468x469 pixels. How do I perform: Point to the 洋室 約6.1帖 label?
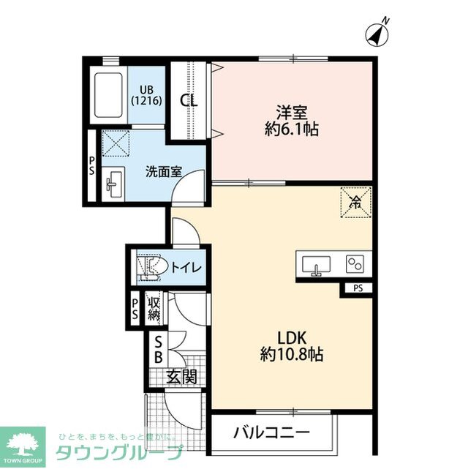[x=292, y=121]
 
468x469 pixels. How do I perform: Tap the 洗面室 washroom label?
[x=163, y=173]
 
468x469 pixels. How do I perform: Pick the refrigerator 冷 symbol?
[x=356, y=202]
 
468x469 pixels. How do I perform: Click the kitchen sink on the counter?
[x=315, y=264]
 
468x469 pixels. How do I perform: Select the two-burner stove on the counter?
[x=355, y=263]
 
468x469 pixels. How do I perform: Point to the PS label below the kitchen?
[x=358, y=288]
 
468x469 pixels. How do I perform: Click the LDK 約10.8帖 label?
[x=291, y=346]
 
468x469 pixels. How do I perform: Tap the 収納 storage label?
[x=154, y=307]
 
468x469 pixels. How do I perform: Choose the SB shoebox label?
[x=158, y=350]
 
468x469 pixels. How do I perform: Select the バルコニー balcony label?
[x=271, y=432]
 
